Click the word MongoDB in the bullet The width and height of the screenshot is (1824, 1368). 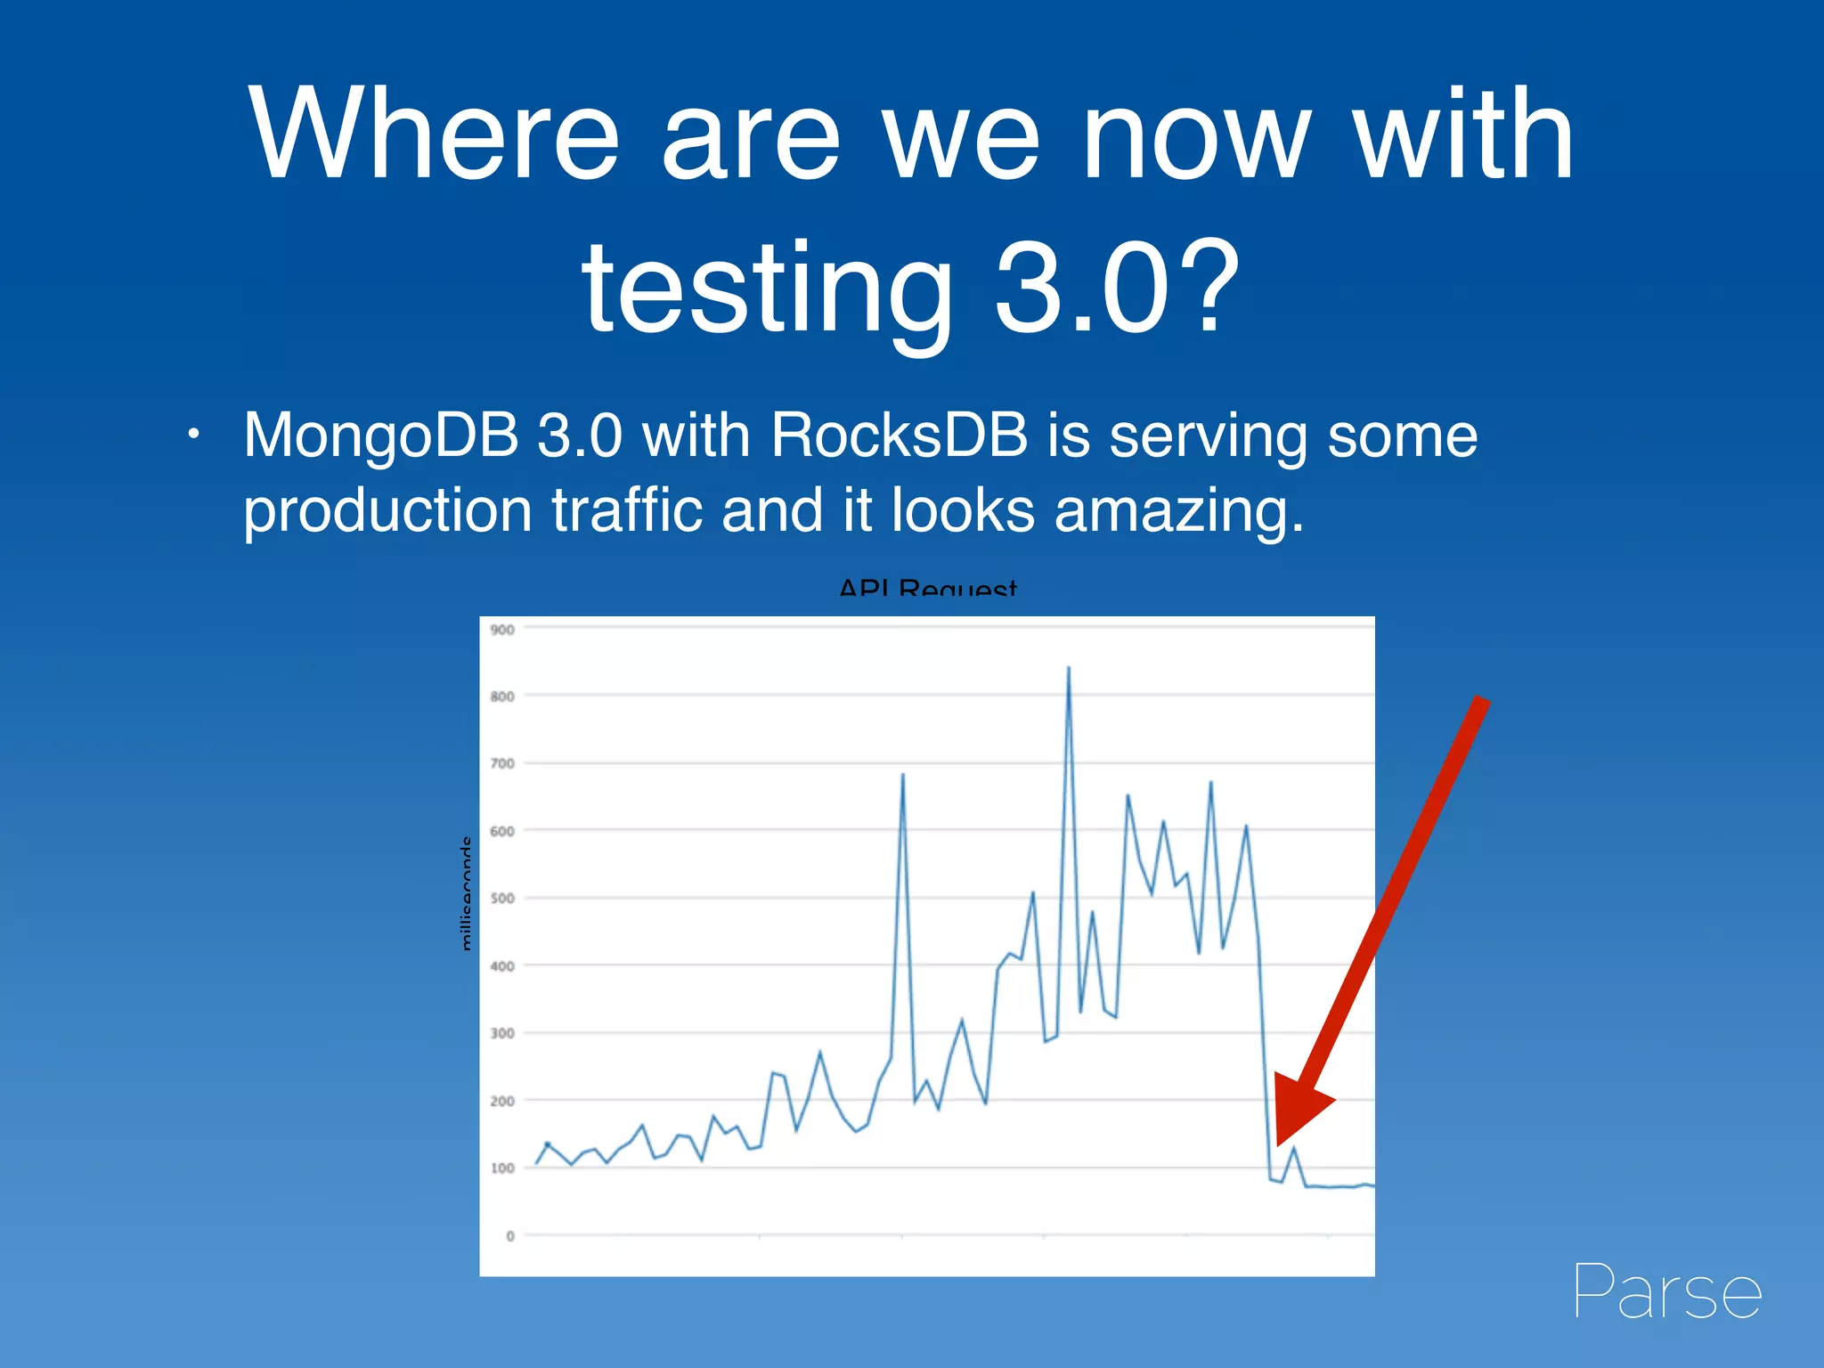(380, 436)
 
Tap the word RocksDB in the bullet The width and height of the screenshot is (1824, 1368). (899, 436)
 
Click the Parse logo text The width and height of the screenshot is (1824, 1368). (1666, 1291)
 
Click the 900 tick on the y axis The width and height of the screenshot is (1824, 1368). (502, 630)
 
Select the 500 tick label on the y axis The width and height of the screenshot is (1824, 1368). (502, 899)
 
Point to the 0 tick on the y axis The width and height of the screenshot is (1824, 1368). (509, 1235)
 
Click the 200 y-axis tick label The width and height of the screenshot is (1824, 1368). (502, 1101)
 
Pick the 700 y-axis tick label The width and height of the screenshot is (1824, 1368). (502, 763)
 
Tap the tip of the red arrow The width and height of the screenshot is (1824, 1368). (1279, 1144)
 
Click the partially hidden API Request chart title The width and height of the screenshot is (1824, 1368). (927, 589)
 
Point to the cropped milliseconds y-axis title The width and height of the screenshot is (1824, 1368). (466, 893)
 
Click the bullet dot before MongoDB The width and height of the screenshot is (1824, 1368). (192, 435)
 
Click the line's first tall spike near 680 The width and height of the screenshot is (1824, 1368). (902, 776)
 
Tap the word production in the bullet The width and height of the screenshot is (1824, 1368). (387, 511)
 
